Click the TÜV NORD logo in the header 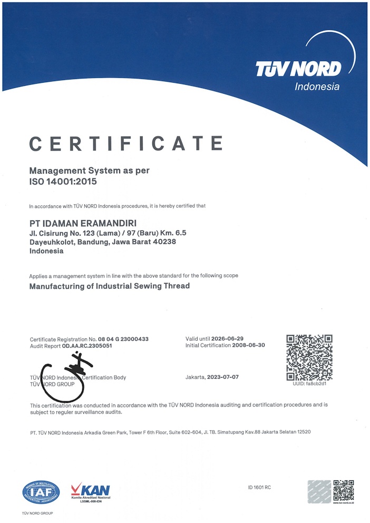298,69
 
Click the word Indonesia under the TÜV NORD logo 317,87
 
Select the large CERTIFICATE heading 126,144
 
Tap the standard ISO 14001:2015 63,182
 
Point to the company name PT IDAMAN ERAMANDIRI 83,223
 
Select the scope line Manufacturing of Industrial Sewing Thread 109,286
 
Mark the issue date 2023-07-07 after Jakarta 223,377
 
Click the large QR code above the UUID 309,357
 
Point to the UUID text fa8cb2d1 316,383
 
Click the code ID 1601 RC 259,487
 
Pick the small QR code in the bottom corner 343,490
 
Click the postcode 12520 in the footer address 302,432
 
